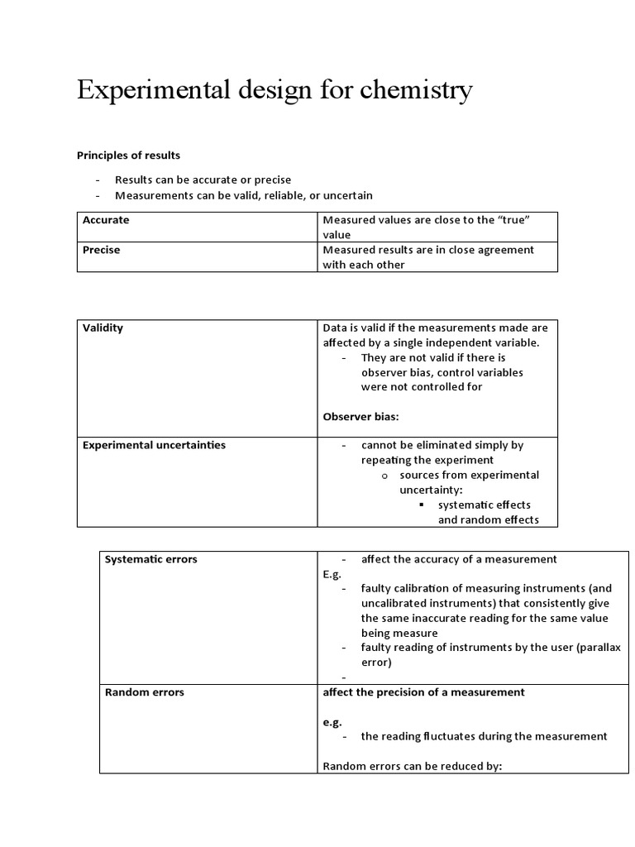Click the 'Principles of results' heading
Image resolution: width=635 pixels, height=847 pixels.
pyautogui.click(x=128, y=155)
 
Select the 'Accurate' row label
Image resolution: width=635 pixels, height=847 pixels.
pyautogui.click(x=106, y=220)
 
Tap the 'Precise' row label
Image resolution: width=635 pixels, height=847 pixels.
pyautogui.click(x=102, y=250)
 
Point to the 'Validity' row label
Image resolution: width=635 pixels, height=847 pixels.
pyautogui.click(x=103, y=328)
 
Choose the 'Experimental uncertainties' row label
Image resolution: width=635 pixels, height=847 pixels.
pyautogui.click(x=154, y=445)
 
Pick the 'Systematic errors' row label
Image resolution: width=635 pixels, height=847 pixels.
pyautogui.click(x=151, y=559)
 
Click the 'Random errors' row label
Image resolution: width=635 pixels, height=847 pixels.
pyautogui.click(x=145, y=692)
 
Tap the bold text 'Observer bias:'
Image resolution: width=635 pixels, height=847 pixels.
pyautogui.click(x=360, y=416)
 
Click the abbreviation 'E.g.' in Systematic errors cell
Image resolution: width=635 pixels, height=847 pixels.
pyautogui.click(x=332, y=574)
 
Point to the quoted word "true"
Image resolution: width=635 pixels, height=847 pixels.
pyautogui.click(x=511, y=220)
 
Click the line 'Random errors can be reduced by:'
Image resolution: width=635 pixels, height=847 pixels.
pyautogui.click(x=413, y=766)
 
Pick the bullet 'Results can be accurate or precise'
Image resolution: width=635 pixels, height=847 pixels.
pyautogui.click(x=203, y=179)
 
